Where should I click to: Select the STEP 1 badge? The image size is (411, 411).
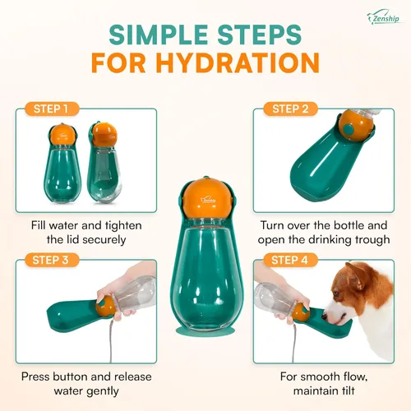point(52,108)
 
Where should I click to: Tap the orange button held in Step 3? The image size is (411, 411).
point(105,308)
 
